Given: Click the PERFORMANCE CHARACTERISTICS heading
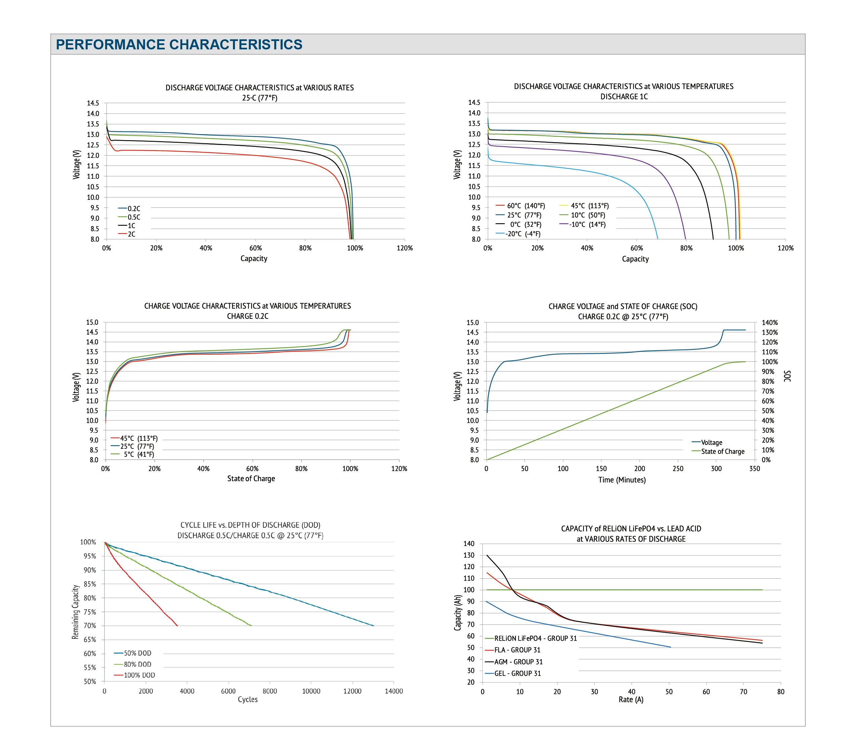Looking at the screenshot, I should coord(179,44).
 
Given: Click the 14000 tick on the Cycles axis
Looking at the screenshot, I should coord(394,691).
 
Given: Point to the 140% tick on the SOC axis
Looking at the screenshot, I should coord(769,322).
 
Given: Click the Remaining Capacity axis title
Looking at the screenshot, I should coord(76,612).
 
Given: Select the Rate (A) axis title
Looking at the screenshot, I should coord(631,700).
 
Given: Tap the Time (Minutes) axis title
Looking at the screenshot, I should coord(622,480).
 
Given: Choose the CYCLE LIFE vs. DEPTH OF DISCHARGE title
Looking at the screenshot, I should coord(250,525).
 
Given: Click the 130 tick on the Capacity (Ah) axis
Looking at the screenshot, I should coord(469,555).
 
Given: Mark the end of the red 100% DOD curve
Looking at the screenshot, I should coord(178,626).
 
